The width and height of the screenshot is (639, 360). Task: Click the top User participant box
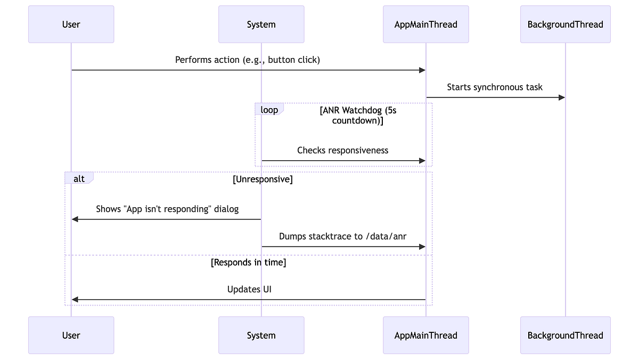pos(71,24)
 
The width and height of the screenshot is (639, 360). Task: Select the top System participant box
pos(261,24)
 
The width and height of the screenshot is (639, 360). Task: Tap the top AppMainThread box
pos(425,24)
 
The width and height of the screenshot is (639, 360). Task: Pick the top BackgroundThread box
pos(565,24)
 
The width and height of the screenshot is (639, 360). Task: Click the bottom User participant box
pos(71,335)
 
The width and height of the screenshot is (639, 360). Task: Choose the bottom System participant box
pos(261,335)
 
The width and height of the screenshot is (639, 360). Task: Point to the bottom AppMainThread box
pos(425,335)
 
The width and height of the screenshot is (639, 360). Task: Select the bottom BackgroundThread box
pos(565,335)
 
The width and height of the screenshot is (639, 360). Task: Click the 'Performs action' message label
pos(248,60)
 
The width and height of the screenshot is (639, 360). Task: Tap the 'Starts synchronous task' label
pos(495,87)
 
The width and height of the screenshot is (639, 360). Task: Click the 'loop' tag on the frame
pos(269,110)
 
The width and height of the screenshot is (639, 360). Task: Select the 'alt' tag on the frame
pos(79,179)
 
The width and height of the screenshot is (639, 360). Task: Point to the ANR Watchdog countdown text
pos(357,115)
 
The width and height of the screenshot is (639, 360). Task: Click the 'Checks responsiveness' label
pos(342,150)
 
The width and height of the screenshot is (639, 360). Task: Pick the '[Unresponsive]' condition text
pos(263,179)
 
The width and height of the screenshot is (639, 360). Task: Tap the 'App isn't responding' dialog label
pos(167,209)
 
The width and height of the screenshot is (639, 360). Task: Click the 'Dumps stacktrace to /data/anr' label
pos(342,236)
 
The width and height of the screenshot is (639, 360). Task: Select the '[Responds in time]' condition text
pos(248,263)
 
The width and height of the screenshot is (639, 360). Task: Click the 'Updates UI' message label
pos(249,289)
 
